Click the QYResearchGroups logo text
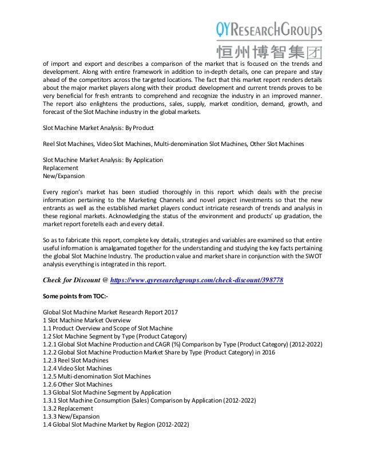tap(269, 28)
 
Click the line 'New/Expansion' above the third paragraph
tap(64, 176)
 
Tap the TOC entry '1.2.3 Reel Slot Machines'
tap(76, 361)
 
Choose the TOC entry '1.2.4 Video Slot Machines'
tap(77, 369)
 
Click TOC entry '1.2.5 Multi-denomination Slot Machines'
tap(97, 377)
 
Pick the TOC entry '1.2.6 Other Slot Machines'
tap(78, 385)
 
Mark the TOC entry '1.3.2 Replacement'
tap(68, 409)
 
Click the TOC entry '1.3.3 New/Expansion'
tap(71, 417)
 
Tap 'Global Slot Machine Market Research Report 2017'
tap(110, 312)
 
